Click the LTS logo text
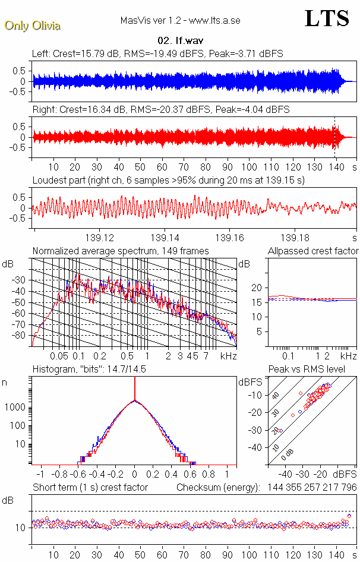click(326, 18)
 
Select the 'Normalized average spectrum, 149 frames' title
click(121, 251)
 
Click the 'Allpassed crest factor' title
click(313, 251)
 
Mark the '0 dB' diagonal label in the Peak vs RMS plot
click(288, 454)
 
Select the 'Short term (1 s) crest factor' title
click(90, 487)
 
